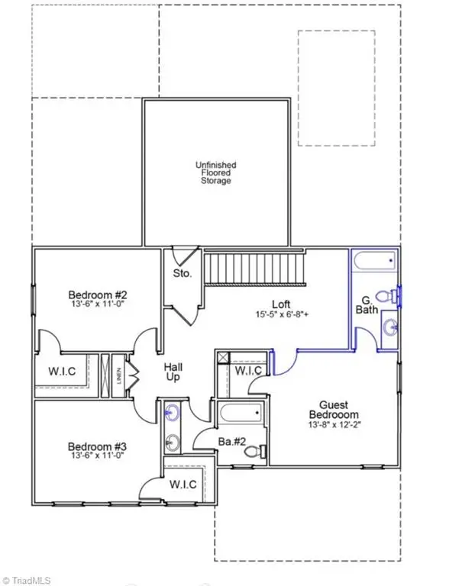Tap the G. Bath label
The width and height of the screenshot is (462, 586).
367,309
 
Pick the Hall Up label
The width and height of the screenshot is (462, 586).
174,373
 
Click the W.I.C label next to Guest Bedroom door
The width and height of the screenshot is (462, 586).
248,371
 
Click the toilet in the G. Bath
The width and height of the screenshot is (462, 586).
393,295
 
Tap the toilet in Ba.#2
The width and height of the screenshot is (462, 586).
253,452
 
